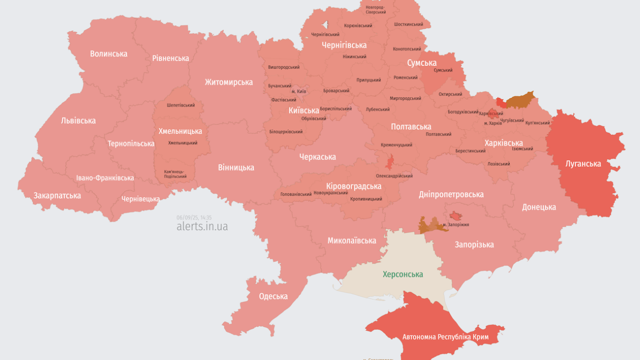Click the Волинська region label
click(108, 53)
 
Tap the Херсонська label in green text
click(402, 274)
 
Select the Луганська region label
click(583, 163)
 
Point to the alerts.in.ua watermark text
click(202, 226)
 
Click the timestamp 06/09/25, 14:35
click(194, 217)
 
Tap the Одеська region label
click(273, 296)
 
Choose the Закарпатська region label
click(57, 195)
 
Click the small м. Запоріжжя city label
click(455, 225)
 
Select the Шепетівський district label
click(181, 105)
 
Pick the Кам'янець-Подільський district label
click(175, 174)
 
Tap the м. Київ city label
click(298, 91)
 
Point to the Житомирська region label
click(228, 82)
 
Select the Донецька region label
click(539, 207)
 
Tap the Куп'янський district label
click(537, 122)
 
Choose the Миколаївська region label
click(351, 240)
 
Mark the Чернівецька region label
click(140, 198)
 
